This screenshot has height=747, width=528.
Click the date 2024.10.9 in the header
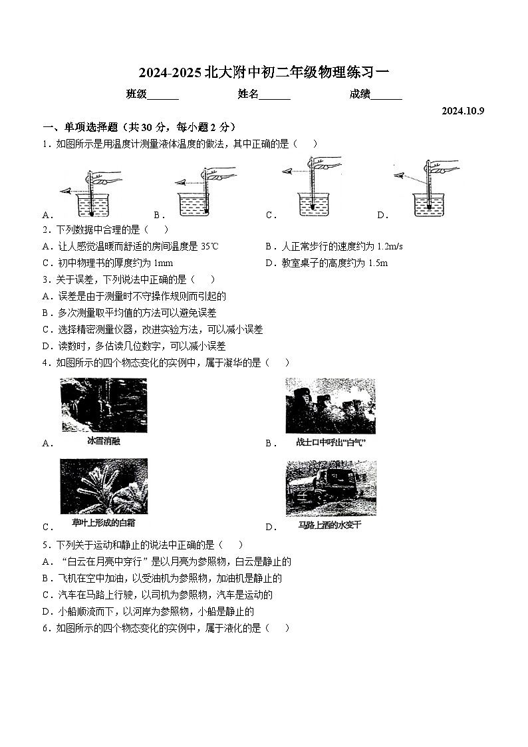(463, 111)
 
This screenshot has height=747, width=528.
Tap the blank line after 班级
(163, 95)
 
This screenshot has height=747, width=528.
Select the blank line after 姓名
(275, 95)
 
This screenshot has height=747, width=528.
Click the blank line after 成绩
(386, 95)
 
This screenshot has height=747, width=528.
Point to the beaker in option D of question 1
(429, 204)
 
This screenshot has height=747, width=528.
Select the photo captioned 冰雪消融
(104, 405)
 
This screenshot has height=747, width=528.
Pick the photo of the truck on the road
(330, 488)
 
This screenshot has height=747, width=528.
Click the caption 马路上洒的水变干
(330, 525)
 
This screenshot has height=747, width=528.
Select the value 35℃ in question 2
(209, 246)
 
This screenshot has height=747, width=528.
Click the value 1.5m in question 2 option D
(376, 263)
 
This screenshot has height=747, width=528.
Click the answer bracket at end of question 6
(277, 628)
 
